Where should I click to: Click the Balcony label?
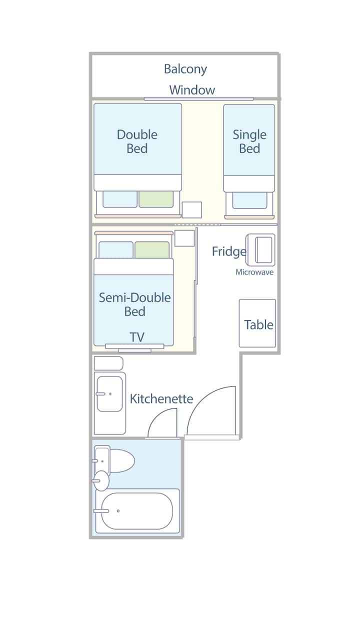pos(185,69)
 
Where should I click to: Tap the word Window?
pos(192,90)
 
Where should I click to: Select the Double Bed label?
pos(137,141)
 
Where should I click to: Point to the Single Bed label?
pos(249,141)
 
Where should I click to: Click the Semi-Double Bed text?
pos(135,304)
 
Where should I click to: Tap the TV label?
pos(137,337)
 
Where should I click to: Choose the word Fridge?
pos(229,251)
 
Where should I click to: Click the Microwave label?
pos(254,272)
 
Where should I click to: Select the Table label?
pos(258,325)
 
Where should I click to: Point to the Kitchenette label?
pos(161,399)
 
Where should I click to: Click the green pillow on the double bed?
pos(156,199)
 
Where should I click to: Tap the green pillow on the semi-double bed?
pos(152,249)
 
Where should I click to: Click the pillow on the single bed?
pos(249,200)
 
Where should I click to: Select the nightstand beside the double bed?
pos(192,210)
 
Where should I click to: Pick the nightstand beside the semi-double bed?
pos(184,238)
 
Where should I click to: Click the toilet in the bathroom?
pos(114,460)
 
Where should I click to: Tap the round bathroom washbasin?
pos(101,480)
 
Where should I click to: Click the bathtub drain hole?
pos(118,511)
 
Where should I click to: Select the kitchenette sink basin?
pos(109,394)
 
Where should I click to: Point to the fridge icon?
pos(260,250)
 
